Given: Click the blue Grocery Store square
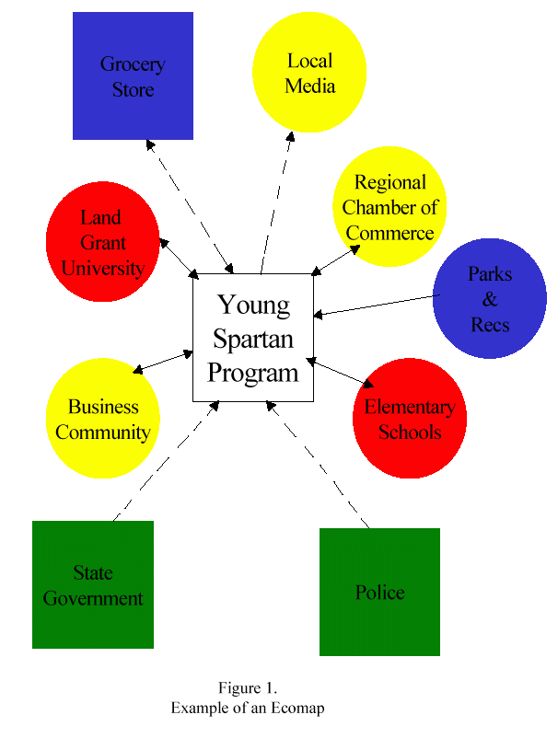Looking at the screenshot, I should point(133,76).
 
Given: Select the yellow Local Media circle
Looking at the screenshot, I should point(309,74).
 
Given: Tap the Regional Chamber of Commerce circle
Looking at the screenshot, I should point(389,207).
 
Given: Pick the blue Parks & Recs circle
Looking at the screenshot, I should point(489,299).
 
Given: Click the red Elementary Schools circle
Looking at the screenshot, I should point(409,419).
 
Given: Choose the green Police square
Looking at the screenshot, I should point(379,592).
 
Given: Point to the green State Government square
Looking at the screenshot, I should point(93,584).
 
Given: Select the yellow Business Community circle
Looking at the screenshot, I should point(103,419).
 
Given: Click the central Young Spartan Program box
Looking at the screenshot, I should point(253,338).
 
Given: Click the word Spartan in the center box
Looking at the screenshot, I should point(253,339).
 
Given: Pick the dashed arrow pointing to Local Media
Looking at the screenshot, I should point(276,202).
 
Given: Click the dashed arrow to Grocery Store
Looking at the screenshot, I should point(189,204).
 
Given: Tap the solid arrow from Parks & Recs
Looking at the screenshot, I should point(378,305).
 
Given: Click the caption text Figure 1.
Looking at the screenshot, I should point(248,688).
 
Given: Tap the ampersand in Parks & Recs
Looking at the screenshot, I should point(489,299).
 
